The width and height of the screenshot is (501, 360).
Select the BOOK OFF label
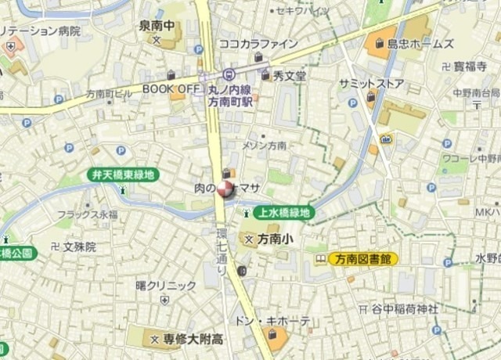(x=171, y=89)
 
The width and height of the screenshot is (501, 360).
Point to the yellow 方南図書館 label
(x=362, y=258)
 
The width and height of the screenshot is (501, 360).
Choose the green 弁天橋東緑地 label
(x=122, y=175)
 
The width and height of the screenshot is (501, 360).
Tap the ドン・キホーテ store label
(x=272, y=322)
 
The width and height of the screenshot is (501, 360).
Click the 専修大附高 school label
(x=193, y=340)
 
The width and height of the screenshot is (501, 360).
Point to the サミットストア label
(x=372, y=83)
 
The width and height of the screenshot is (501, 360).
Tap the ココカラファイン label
(x=258, y=44)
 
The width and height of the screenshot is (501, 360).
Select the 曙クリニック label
(x=165, y=285)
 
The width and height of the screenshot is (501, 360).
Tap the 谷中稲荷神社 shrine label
(x=405, y=308)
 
